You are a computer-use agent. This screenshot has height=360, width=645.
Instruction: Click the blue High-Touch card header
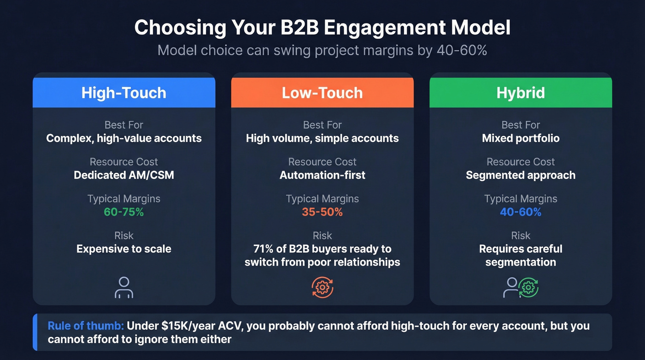point(124,93)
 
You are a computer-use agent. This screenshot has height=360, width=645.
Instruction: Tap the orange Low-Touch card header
point(322,93)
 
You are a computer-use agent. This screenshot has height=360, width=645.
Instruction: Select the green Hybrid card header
point(521,93)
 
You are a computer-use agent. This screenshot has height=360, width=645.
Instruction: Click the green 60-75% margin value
point(124,212)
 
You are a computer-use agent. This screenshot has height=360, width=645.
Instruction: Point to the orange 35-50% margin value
point(322,212)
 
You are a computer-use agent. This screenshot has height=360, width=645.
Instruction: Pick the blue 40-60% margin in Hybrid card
point(521,212)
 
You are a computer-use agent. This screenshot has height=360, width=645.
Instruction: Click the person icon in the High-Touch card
point(124,287)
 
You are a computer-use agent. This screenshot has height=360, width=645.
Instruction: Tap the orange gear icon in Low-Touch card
point(322,288)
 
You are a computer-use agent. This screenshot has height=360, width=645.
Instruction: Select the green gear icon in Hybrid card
point(528,288)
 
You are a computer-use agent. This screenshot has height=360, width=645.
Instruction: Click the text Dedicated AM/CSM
point(124,175)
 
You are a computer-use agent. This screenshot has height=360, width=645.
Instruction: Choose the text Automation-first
point(322,175)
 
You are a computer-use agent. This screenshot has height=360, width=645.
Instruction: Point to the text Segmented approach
point(521,175)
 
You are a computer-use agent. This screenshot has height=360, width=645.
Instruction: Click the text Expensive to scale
point(124,249)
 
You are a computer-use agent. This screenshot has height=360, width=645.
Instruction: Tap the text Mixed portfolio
point(521,138)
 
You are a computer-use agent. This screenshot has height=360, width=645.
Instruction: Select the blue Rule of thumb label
point(86,326)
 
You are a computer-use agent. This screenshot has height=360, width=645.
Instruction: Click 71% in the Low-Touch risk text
point(264,249)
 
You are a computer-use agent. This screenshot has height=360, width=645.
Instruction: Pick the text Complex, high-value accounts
point(124,138)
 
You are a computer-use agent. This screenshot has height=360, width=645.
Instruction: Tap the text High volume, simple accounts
point(322,138)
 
